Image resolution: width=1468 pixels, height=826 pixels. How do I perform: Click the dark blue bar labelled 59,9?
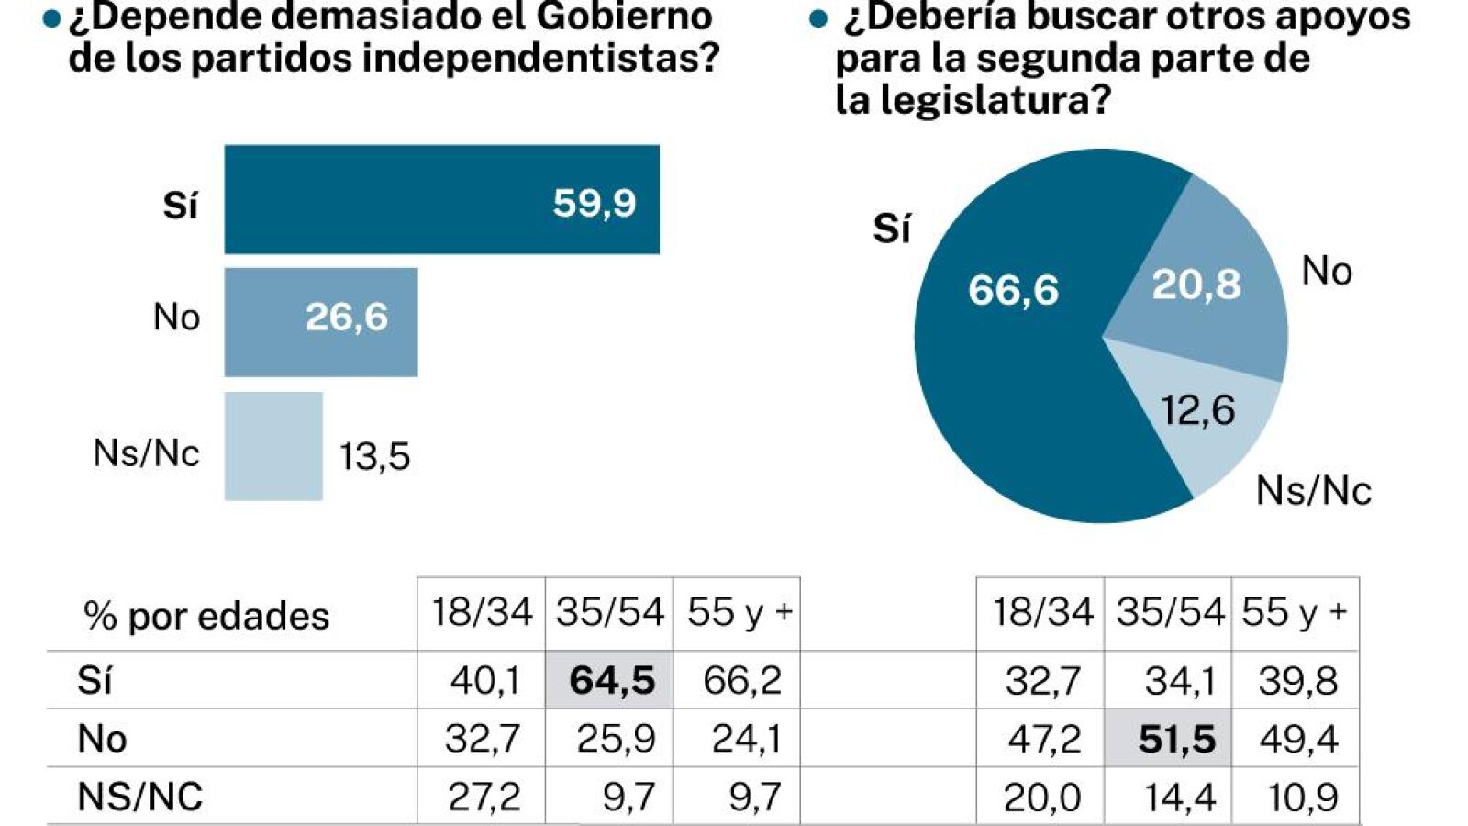(441, 199)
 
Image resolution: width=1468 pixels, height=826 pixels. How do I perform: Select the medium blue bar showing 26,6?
(321, 322)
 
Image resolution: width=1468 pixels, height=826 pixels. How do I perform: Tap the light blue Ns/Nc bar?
(274, 446)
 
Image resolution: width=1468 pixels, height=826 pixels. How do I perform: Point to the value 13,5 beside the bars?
(375, 457)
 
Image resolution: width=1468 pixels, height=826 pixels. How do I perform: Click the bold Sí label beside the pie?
(892, 229)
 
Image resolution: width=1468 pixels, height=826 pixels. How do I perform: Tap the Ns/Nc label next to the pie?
(1313, 490)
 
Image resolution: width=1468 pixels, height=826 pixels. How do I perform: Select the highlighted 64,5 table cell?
(609, 680)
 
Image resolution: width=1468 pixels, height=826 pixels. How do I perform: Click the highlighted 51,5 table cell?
(1169, 738)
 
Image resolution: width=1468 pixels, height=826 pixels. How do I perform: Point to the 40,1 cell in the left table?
(485, 680)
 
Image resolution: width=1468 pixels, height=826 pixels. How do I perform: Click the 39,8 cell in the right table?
(1297, 680)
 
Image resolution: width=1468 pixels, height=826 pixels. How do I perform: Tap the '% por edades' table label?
(206, 617)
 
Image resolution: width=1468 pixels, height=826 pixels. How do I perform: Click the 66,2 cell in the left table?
(742, 680)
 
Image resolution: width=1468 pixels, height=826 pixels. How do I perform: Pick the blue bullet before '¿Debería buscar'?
(817, 19)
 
